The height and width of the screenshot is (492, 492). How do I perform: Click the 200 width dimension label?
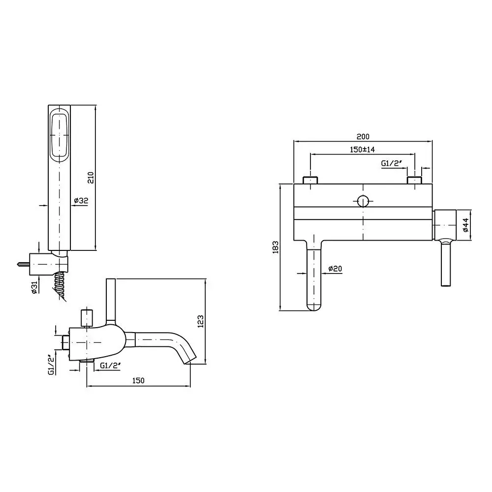click(363, 136)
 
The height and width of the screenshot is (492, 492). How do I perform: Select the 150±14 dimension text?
click(362, 150)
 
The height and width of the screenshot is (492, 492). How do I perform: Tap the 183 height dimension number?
click(276, 247)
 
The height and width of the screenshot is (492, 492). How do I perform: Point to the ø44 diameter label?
click(465, 225)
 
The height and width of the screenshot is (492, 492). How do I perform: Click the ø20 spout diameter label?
click(335, 269)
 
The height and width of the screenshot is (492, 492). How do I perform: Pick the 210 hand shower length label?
click(90, 178)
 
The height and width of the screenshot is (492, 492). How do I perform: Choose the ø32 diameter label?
click(81, 201)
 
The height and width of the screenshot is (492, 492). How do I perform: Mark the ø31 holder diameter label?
click(34, 287)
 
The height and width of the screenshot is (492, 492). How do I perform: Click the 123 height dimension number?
click(201, 321)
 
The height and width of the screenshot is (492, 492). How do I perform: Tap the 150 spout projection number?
click(138, 381)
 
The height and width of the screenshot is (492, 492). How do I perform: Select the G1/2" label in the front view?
click(392, 163)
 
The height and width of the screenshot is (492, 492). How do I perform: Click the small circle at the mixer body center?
click(363, 201)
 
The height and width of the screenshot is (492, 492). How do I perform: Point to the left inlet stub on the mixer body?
click(310, 180)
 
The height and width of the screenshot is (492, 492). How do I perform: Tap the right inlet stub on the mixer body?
click(414, 180)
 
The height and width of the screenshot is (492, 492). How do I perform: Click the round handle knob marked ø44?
click(445, 225)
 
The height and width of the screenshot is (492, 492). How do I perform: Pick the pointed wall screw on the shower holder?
click(23, 264)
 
